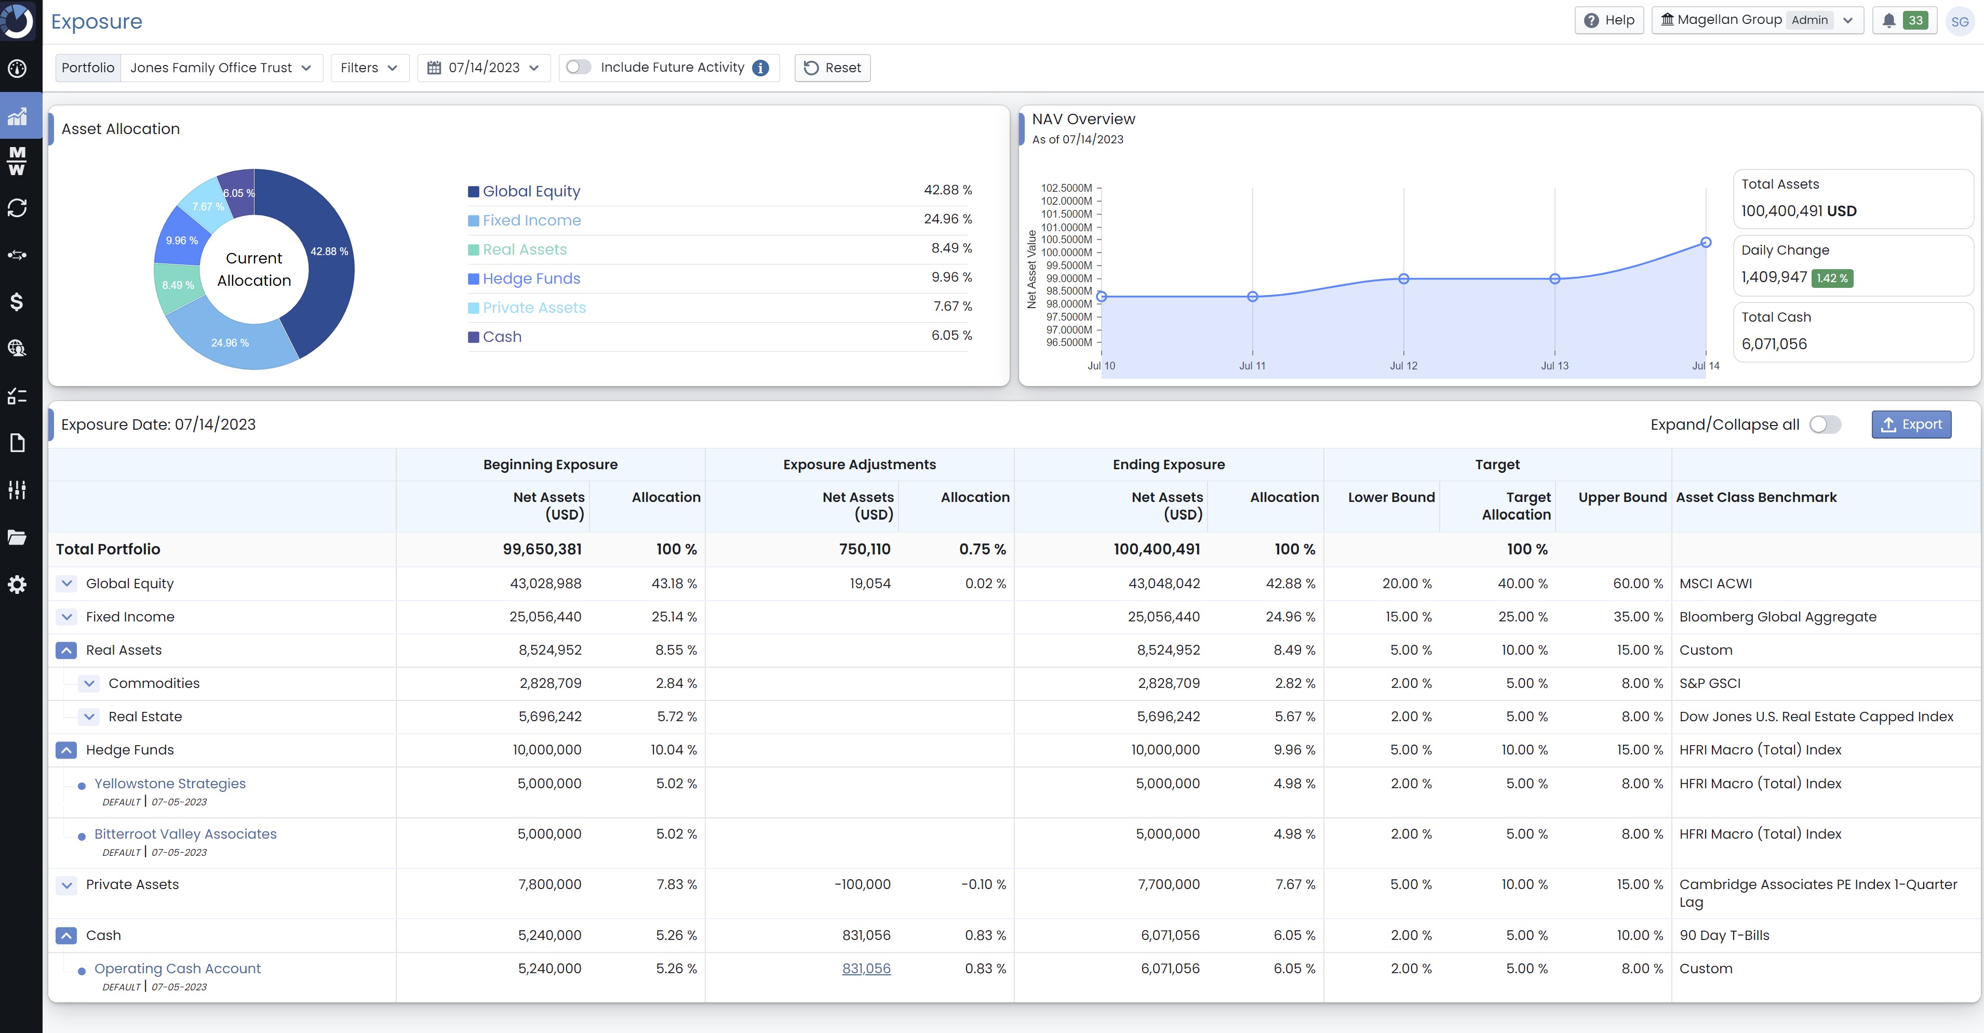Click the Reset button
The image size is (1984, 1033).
(x=832, y=68)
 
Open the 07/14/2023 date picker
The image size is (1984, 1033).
(x=484, y=68)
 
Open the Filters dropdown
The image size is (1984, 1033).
(x=369, y=68)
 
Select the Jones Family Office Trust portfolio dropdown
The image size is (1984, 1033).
(x=220, y=68)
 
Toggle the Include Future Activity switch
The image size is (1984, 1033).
(x=579, y=67)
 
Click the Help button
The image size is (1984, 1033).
(x=1609, y=20)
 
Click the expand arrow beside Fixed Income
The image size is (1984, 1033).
(x=67, y=617)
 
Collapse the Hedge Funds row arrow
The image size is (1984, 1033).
(x=67, y=750)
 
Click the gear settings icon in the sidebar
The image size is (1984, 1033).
(x=17, y=585)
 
